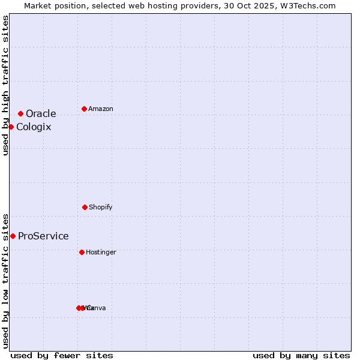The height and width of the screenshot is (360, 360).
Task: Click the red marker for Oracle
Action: [x=20, y=113]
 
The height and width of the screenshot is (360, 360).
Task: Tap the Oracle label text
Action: [x=41, y=114]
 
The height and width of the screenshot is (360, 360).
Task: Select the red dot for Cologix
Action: [x=11, y=127]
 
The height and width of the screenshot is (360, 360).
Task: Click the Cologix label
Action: [x=34, y=127]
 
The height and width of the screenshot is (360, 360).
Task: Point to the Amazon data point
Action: [x=84, y=109]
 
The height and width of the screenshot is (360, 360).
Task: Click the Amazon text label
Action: [x=100, y=109]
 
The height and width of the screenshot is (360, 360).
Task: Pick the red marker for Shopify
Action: [x=85, y=207]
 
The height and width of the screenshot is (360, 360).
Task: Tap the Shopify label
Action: [x=100, y=208]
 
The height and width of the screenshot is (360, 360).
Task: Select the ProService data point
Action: [x=13, y=236]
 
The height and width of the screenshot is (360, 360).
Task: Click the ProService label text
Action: [x=43, y=236]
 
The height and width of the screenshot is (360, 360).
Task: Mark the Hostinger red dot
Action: [x=82, y=252]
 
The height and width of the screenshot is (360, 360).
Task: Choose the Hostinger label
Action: [x=101, y=253]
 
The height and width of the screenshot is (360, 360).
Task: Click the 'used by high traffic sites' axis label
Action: [x=5, y=85]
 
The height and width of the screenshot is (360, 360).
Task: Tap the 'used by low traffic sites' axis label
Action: [x=5, y=280]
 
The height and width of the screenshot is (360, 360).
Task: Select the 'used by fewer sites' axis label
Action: [x=62, y=355]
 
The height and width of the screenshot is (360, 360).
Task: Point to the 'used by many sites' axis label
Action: [x=301, y=355]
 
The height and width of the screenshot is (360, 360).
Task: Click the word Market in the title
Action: [x=38, y=5]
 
